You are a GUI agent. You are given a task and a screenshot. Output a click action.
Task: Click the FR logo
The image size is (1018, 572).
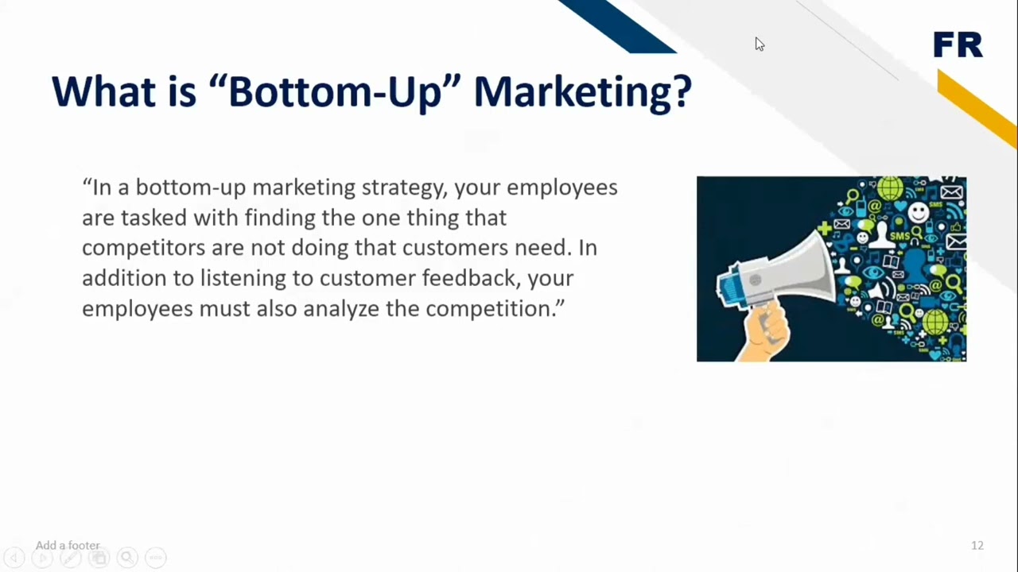[958, 45]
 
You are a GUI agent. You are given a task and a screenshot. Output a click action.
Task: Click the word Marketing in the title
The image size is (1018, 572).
[582, 91]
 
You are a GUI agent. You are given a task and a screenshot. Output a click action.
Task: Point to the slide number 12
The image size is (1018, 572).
[977, 545]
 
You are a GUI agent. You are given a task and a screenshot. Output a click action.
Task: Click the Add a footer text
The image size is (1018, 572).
[68, 545]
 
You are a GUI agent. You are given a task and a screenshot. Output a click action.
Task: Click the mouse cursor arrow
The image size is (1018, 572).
[760, 44]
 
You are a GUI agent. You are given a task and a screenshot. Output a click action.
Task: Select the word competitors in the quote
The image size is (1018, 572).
[143, 248]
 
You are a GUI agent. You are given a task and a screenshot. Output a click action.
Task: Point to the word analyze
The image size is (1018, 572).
[340, 308]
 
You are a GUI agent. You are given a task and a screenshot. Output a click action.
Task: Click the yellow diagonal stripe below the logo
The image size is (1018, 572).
[977, 108]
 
